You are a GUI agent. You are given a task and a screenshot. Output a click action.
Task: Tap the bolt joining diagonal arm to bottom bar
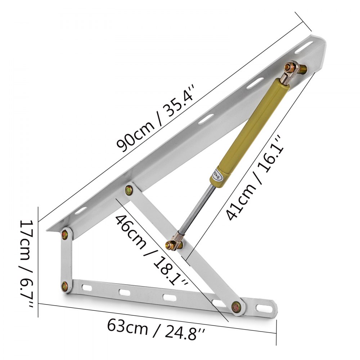tap(236, 306)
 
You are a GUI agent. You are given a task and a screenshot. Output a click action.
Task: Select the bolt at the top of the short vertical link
tap(65, 234)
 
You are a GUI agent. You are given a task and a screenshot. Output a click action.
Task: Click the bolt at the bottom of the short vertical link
tap(65, 286)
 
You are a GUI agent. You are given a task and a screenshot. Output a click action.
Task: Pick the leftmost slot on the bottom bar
tap(87, 288)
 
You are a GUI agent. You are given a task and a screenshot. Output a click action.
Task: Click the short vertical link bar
tap(66, 260)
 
